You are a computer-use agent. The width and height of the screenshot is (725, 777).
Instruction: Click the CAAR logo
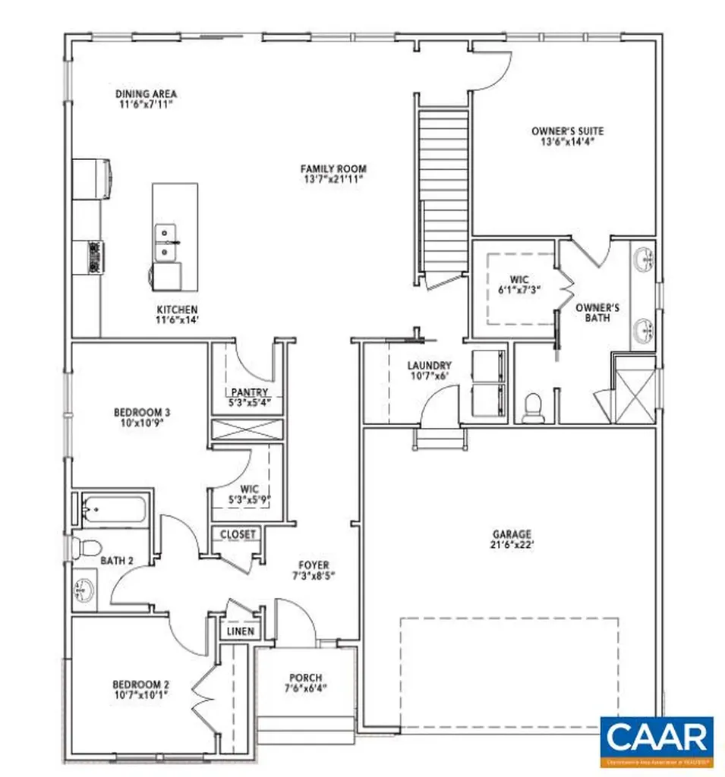pos(657,738)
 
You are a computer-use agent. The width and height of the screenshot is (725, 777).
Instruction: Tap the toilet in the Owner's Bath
pos(534,407)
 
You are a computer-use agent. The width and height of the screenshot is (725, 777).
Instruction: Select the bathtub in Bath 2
pos(116,508)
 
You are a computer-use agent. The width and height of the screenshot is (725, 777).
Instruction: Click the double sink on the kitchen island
pos(165,241)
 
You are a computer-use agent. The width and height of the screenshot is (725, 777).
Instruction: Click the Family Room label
pos(333,168)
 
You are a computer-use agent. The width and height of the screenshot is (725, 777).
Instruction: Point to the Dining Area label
pos(146,94)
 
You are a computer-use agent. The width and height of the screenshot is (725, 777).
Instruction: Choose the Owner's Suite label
pos(567,131)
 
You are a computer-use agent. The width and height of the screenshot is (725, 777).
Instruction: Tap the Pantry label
pos(246,392)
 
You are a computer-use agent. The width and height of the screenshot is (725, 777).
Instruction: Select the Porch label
pos(306,678)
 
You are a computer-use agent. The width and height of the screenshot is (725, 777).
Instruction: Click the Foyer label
pos(314,565)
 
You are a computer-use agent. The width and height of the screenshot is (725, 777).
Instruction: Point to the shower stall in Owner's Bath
pos(632,388)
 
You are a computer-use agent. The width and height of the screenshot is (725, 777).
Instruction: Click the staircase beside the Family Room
pos(443,190)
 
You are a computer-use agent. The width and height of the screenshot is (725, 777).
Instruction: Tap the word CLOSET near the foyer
pos(238,534)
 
